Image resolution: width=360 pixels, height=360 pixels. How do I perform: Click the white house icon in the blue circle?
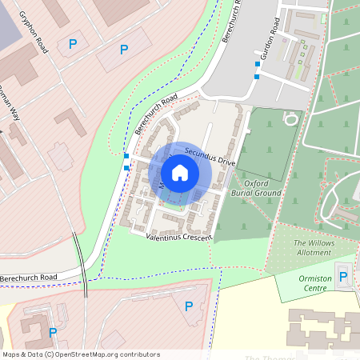pyautogui.click(x=180, y=173)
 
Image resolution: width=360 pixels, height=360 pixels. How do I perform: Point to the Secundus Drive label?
pyautogui.click(x=209, y=155)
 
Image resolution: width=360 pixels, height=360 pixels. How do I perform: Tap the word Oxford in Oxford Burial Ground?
pyautogui.click(x=256, y=183)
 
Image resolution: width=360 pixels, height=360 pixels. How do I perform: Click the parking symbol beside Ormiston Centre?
pyautogui.click(x=343, y=277)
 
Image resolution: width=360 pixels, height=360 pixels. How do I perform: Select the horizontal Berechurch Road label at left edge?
pyautogui.click(x=30, y=277)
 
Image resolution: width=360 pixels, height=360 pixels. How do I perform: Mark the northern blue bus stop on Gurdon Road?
pyautogui.click(x=258, y=63)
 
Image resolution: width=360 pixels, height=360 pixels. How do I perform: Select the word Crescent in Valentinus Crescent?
pyautogui.click(x=196, y=238)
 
